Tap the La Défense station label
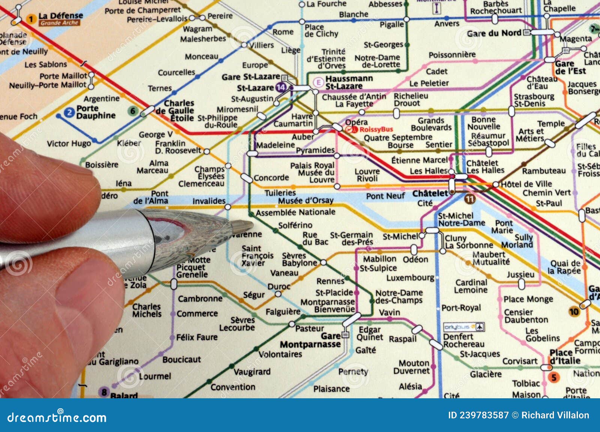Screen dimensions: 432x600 [60, 15]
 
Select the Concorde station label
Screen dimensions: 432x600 [271, 178]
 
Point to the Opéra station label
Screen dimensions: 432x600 [356, 122]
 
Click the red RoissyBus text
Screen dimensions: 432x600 [376, 130]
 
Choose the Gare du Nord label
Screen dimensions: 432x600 [493, 33]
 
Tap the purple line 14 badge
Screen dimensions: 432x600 [280, 88]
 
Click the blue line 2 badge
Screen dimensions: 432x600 [69, 112]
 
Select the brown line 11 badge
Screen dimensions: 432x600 [469, 199]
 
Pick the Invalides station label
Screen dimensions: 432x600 [209, 201]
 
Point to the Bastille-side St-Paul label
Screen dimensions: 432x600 [549, 203]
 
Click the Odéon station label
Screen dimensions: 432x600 [415, 259]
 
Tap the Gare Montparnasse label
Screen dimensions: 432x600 [310, 340]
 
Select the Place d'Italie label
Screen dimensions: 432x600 [565, 356]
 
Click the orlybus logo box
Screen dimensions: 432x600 [463, 327]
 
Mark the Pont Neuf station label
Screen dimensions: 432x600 [385, 196]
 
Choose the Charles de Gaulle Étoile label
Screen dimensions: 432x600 [174, 110]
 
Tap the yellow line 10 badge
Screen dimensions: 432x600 [574, 312]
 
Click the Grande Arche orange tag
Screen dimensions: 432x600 [59, 23]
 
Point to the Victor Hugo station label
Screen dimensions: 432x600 [69, 144]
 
